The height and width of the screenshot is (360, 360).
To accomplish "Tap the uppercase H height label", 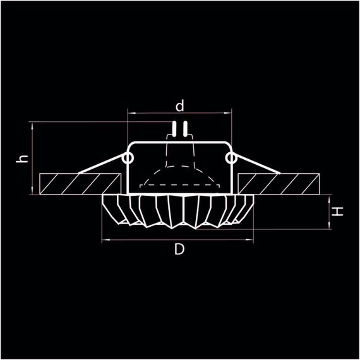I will point(339,212).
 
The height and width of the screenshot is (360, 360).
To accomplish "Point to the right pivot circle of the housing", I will point(231,157).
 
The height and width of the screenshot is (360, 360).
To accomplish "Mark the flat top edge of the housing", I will point(179,143).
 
